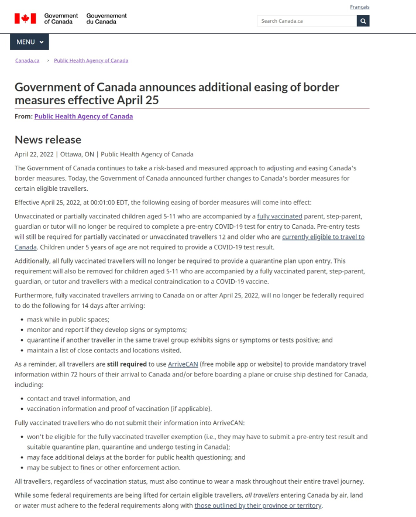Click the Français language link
click(x=359, y=7)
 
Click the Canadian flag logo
click(x=25, y=19)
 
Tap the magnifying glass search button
click(x=363, y=21)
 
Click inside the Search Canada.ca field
click(x=307, y=21)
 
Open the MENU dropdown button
click(x=29, y=42)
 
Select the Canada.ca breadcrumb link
click(x=27, y=60)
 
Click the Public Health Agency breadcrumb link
click(x=91, y=60)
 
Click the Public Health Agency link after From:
click(x=83, y=117)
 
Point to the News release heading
click(x=48, y=139)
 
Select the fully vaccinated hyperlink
click(x=280, y=217)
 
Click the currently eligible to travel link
click(x=323, y=237)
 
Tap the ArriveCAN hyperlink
click(x=183, y=364)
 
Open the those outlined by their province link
click(x=258, y=506)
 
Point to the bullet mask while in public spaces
click(x=68, y=320)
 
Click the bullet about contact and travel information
click(x=78, y=399)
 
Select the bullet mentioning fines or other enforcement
click(x=104, y=468)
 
